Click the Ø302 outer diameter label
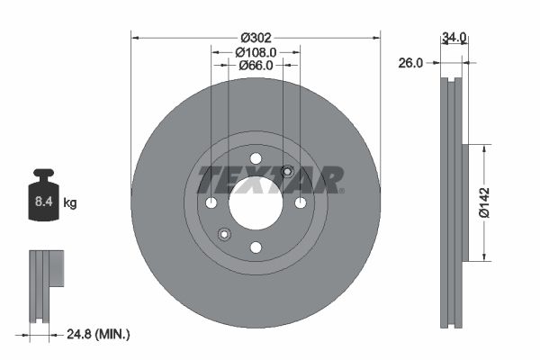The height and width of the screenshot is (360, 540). pyautogui.click(x=256, y=38)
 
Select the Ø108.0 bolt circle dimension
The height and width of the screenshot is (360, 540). pyautogui.click(x=256, y=52)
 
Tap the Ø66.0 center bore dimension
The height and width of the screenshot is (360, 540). pyautogui.click(x=256, y=67)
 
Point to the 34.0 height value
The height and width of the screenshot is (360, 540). pyautogui.click(x=454, y=38)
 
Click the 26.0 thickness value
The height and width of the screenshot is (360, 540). pyautogui.click(x=411, y=63)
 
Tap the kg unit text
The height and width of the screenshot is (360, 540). pyautogui.click(x=70, y=203)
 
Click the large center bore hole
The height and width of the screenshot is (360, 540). pyautogui.click(x=256, y=202)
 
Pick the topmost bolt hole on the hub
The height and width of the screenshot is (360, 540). pyautogui.click(x=256, y=158)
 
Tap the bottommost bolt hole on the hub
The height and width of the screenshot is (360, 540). pyautogui.click(x=256, y=247)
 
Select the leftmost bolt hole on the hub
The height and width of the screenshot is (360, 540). pyautogui.click(x=211, y=202)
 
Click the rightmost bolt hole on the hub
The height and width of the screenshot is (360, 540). pyautogui.click(x=300, y=202)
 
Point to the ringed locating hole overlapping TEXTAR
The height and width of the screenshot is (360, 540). pyautogui.click(x=287, y=172)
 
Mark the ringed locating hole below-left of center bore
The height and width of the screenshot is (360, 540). pyautogui.click(x=224, y=234)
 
